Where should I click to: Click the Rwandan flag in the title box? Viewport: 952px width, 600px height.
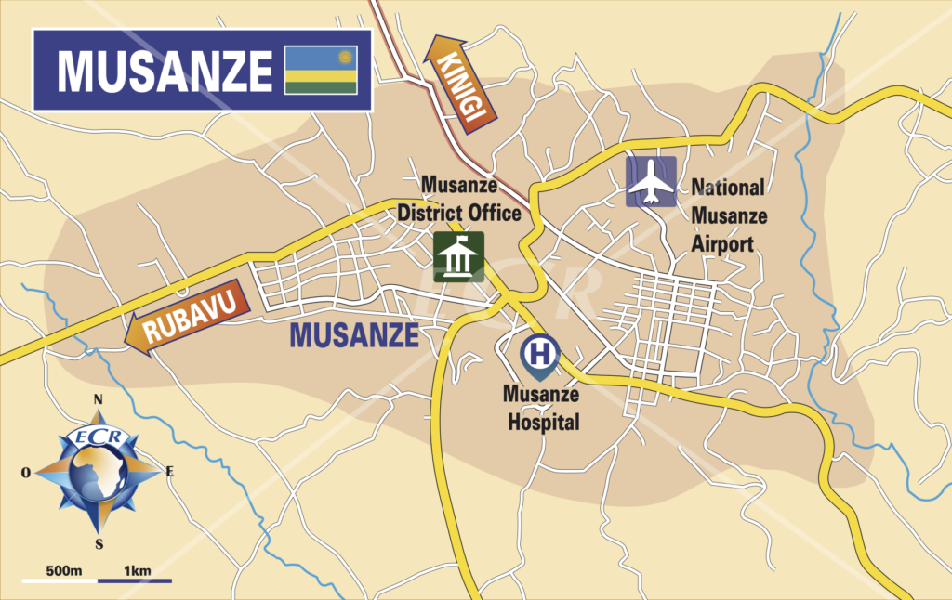(321, 70)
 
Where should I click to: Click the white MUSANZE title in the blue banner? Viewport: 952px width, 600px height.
(165, 71)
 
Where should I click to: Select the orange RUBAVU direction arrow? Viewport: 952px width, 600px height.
(190, 320)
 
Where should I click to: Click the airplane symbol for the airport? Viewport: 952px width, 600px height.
(651, 181)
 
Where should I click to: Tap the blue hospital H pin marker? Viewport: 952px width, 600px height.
(537, 354)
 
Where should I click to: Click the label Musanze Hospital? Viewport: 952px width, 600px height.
(540, 408)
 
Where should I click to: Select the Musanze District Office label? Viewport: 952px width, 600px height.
(458, 199)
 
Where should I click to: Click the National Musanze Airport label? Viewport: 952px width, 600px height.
(729, 215)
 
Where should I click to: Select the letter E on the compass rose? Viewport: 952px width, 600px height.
(169, 472)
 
